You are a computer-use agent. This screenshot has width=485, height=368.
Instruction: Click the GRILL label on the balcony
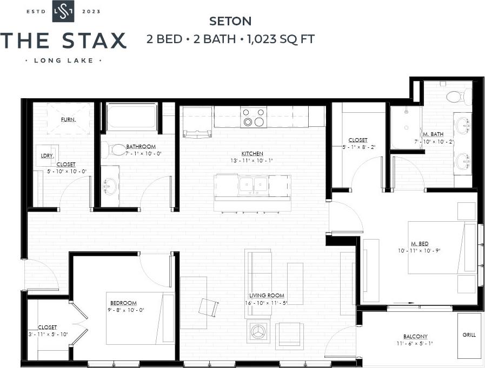click(x=469, y=335)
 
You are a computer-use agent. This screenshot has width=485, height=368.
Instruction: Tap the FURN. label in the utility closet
click(x=68, y=119)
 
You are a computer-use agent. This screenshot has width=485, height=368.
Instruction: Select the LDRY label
click(x=46, y=155)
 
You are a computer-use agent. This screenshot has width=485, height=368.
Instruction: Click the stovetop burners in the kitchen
click(x=254, y=118)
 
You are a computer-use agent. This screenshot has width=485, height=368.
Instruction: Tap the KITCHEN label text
click(x=253, y=154)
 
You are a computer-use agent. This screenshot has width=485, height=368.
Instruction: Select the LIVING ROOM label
click(x=267, y=296)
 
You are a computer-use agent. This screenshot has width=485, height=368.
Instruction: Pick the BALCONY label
click(x=415, y=336)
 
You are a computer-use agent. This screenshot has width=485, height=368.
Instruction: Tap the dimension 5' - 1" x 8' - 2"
click(x=358, y=147)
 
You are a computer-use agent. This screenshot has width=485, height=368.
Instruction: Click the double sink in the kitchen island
click(x=253, y=185)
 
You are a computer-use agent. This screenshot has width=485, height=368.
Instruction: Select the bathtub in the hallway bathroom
click(x=132, y=117)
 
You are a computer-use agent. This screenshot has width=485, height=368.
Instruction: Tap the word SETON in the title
click(x=230, y=22)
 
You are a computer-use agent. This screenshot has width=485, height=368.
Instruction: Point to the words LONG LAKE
click(x=63, y=60)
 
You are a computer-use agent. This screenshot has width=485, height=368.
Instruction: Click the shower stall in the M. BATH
click(x=406, y=127)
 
